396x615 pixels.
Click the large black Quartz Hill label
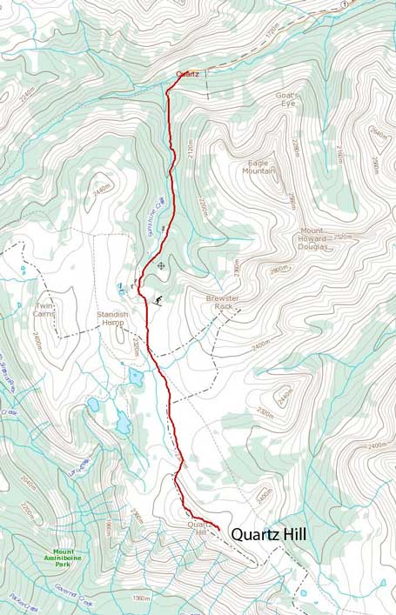click(x=268, y=535)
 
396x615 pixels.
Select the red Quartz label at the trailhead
click(x=187, y=74)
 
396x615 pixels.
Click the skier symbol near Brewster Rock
click(x=158, y=300)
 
